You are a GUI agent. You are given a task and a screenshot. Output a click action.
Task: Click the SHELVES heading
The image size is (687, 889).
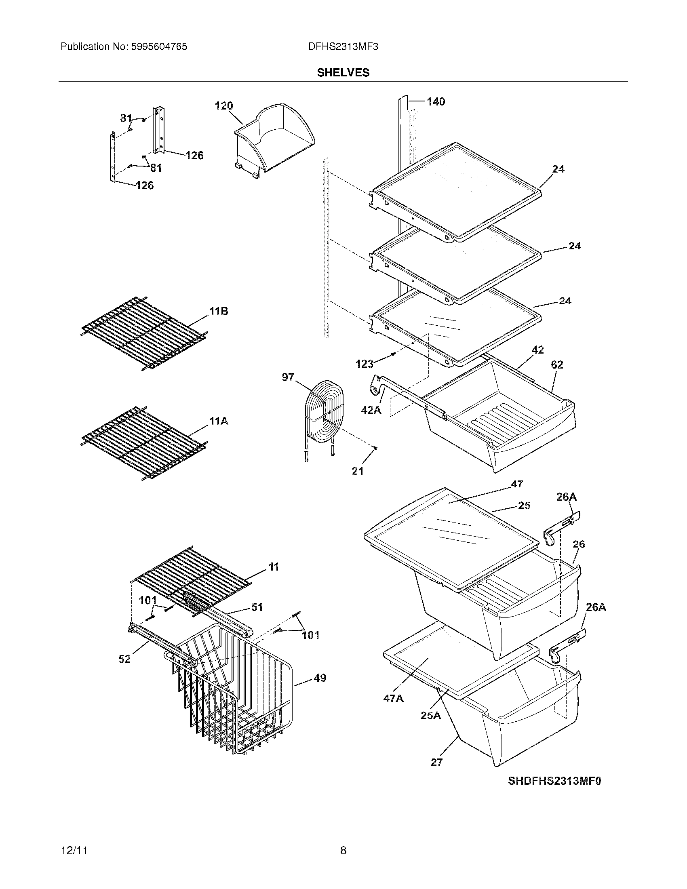tap(343, 72)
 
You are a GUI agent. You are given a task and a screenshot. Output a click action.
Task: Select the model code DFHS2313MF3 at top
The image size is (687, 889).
tap(343, 47)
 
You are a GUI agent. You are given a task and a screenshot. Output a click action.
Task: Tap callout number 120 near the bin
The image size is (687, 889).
tap(224, 106)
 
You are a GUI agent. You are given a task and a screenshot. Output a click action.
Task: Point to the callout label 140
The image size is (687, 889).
tap(436, 101)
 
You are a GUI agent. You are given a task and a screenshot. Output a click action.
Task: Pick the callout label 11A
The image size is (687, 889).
tap(219, 422)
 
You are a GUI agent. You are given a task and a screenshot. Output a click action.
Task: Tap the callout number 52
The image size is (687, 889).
tap(124, 659)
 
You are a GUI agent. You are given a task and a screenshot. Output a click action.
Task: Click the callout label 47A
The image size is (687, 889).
tap(393, 699)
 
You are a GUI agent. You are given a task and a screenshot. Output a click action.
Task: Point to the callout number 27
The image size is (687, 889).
tap(436, 762)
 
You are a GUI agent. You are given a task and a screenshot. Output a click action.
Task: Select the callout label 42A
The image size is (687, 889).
tap(371, 410)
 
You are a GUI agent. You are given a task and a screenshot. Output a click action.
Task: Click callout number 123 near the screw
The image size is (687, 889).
tap(364, 364)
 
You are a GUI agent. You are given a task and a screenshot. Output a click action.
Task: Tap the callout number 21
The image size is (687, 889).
tap(357, 471)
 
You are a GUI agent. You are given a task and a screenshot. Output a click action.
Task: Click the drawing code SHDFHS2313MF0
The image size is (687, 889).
tap(554, 781)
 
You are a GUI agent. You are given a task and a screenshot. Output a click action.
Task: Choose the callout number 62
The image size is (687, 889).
tap(557, 365)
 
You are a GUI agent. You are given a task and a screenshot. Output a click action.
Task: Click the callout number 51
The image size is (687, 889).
tap(257, 607)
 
